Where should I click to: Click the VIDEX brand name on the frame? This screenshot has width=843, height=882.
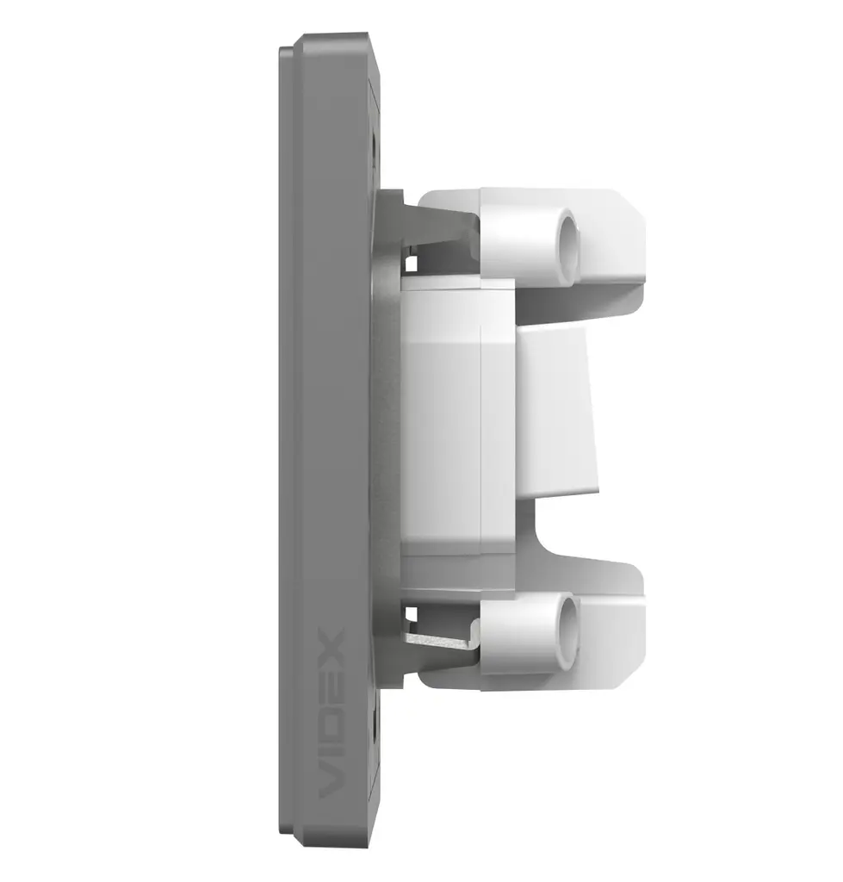(331, 714)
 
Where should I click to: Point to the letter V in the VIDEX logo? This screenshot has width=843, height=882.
(331, 782)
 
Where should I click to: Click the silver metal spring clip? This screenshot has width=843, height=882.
(442, 640)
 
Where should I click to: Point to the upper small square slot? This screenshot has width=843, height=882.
(412, 264)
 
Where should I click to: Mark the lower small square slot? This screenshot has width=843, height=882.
(412, 613)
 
